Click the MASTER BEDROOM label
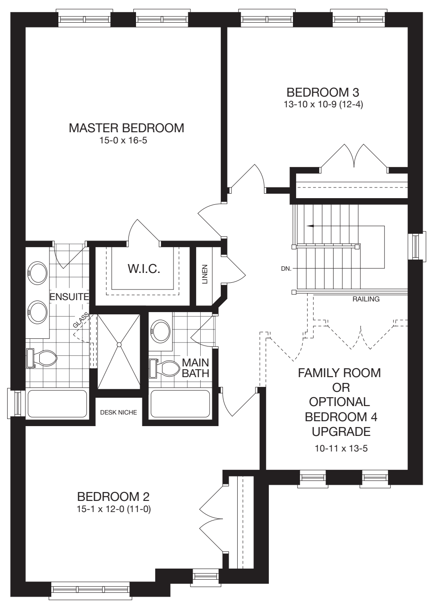pos(126,128)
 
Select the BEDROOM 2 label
pos(113,496)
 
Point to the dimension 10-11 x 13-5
pos(341,448)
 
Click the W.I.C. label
pos(144,269)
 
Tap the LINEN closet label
pos(205,274)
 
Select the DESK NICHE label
pos(118,412)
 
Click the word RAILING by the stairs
pos(366,299)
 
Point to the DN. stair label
pos(286,269)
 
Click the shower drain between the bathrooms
pos(119,344)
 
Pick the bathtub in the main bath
pos(180,404)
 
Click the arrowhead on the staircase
pos(309,226)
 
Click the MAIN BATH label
pos(195,367)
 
